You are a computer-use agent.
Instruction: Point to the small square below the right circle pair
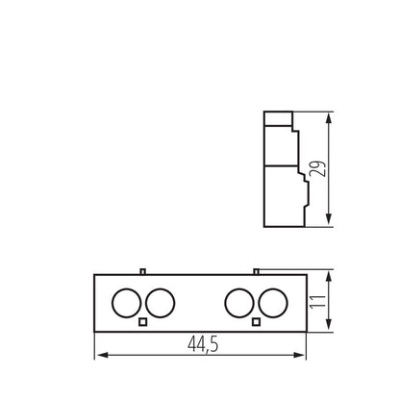point(256,321)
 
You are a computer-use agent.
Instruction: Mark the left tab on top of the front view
point(142,271)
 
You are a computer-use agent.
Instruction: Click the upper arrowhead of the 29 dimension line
point(330,117)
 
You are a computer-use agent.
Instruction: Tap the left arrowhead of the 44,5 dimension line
point(99,356)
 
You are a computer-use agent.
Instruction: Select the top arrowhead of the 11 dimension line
point(330,278)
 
